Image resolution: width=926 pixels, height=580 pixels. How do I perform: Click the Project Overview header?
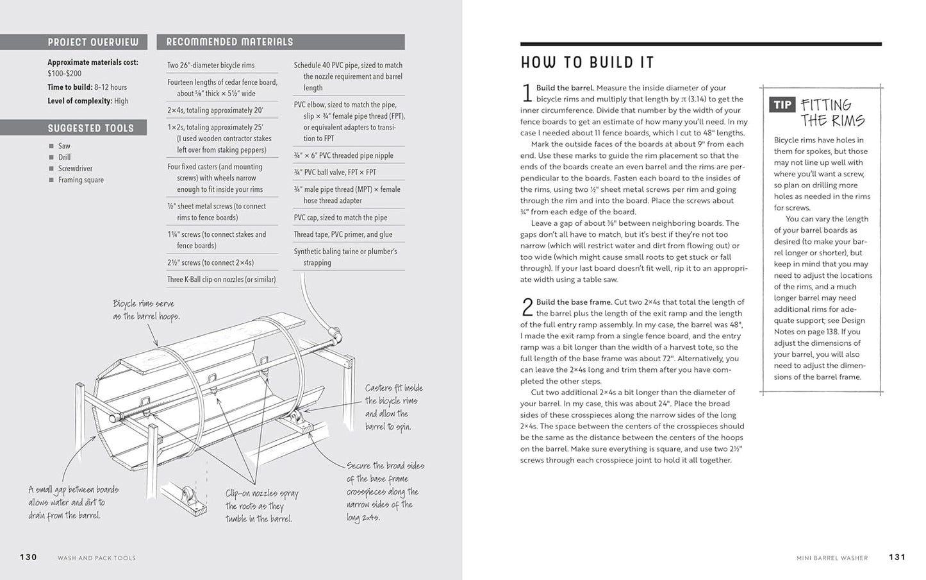click(x=93, y=42)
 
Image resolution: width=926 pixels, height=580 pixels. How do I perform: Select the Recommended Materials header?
click(x=229, y=42)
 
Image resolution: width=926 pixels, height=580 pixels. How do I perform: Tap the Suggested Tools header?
click(x=91, y=128)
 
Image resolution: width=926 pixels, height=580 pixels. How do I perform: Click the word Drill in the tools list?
click(x=64, y=157)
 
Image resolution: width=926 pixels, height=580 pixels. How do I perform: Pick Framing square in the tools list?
click(x=81, y=180)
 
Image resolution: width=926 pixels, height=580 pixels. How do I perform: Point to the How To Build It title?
click(x=587, y=62)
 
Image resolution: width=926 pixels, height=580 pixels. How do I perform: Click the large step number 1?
click(x=527, y=94)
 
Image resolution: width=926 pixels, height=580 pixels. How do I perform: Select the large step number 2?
click(x=527, y=308)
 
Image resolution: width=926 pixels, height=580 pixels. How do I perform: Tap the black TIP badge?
click(x=782, y=105)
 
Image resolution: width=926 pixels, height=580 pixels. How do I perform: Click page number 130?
click(x=28, y=557)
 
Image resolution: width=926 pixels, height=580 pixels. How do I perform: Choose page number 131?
click(x=897, y=557)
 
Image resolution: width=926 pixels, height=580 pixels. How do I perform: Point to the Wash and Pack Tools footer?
click(x=97, y=558)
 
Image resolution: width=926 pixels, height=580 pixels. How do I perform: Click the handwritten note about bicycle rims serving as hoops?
click(x=145, y=310)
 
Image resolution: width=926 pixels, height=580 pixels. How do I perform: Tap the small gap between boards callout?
click(x=73, y=502)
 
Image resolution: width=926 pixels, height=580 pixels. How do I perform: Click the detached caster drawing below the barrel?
click(x=185, y=499)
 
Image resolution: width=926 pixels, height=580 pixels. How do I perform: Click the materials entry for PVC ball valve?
click(x=335, y=173)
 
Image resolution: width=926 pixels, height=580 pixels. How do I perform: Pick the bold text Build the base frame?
click(x=574, y=302)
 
